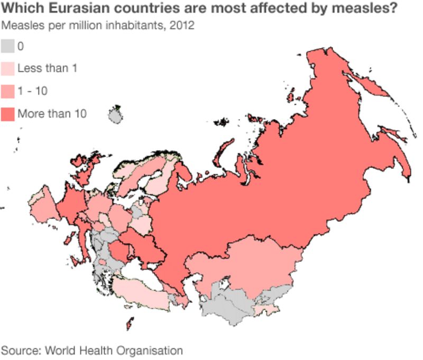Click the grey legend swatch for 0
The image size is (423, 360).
click(7, 47)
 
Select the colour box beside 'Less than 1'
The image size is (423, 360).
click(7, 69)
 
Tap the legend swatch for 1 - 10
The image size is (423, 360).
click(7, 91)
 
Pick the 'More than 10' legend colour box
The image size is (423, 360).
click(7, 114)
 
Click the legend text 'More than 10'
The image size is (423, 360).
click(52, 114)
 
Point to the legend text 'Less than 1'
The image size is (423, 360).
click(48, 69)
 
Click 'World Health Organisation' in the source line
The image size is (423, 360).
click(114, 350)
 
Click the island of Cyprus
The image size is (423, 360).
click(129, 322)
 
